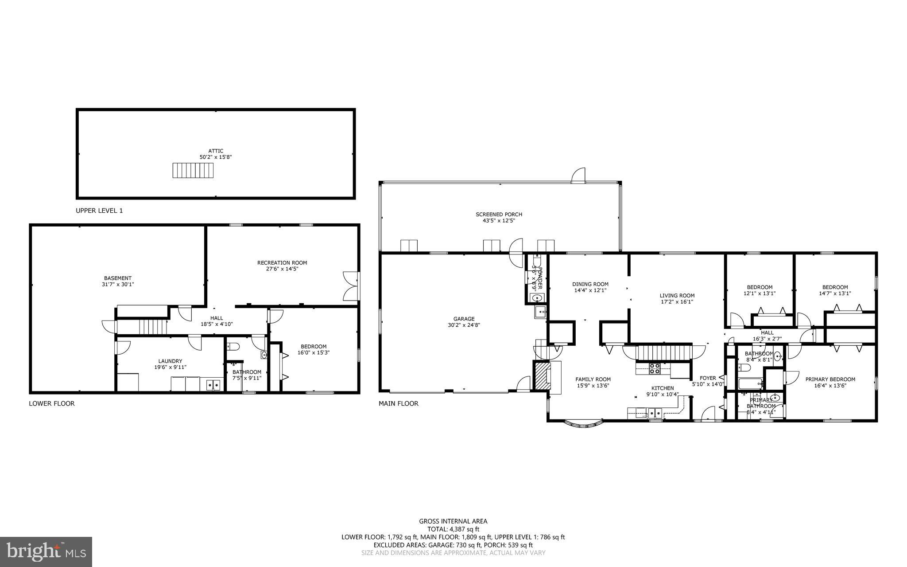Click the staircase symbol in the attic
tap(193, 170)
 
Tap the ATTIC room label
tap(216, 151)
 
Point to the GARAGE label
tap(464, 318)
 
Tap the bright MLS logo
tap(46, 551)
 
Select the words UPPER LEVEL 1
tap(99, 211)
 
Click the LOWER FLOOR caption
tap(52, 403)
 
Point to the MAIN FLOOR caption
tap(398, 403)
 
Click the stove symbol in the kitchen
tap(655, 368)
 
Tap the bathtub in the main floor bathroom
tap(750, 383)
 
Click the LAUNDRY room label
tap(170, 361)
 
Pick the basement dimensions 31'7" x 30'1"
tap(118, 284)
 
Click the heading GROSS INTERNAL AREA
tap(453, 521)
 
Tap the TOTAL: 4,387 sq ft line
tap(453, 529)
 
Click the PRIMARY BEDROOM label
tap(830, 379)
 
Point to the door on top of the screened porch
tap(578, 176)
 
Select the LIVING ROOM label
tap(677, 295)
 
